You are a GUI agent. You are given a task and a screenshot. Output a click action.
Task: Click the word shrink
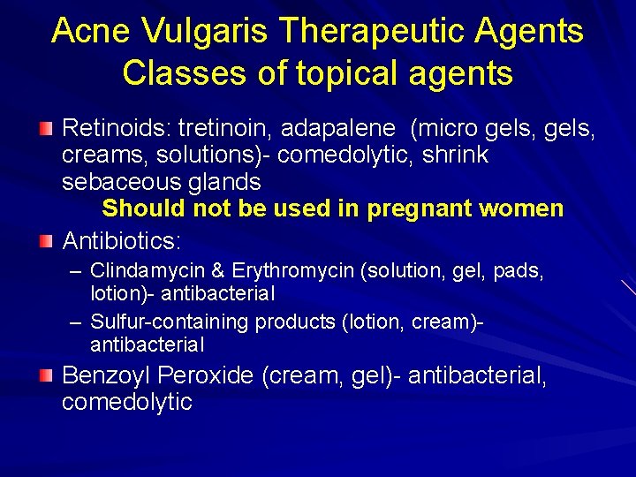pyautogui.click(x=455, y=155)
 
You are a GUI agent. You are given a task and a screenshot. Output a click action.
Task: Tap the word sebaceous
pyautogui.click(x=117, y=182)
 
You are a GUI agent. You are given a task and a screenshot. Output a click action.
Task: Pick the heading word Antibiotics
pyautogui.click(x=122, y=240)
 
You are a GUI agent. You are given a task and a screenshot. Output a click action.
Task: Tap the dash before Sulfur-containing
pyautogui.click(x=76, y=322)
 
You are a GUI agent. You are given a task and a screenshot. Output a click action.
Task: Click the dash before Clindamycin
pyautogui.click(x=76, y=270)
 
